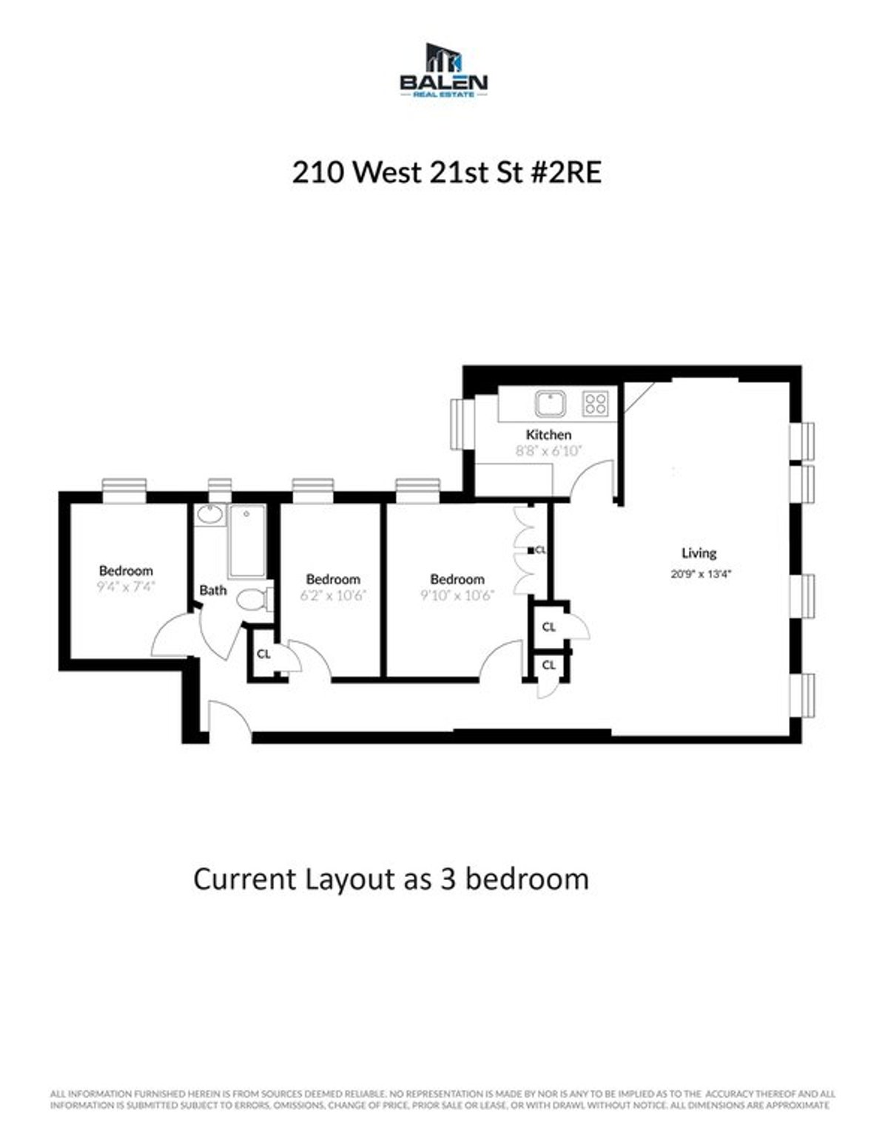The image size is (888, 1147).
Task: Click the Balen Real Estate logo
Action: pos(443,70)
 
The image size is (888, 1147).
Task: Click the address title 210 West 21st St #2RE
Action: pos(446,173)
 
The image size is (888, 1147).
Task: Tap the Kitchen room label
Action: pos(548,434)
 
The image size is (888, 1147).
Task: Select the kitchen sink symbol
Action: pos(551,404)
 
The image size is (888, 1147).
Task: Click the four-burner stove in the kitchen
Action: pos(596,403)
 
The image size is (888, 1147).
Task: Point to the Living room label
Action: pos(699,552)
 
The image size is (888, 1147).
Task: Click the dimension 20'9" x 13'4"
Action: pos(700,573)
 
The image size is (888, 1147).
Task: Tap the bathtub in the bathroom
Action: pos(246,540)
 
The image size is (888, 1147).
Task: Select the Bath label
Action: pos(213,590)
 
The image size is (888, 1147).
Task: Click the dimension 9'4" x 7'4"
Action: pos(126,587)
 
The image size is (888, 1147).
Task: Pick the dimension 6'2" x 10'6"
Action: pos(333,595)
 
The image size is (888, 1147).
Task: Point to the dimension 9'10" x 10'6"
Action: pos(457,595)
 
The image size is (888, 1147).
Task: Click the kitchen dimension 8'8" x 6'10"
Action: pos(549,450)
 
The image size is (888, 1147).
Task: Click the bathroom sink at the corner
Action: pos(211,514)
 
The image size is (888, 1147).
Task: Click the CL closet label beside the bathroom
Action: pos(263,654)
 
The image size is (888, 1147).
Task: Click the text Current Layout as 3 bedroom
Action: pos(391,879)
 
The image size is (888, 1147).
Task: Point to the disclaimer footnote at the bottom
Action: pos(443,1099)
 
